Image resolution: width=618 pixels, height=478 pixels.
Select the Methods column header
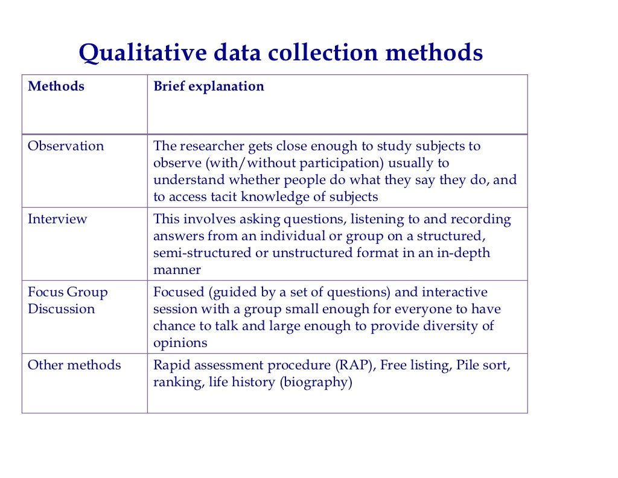[56, 86]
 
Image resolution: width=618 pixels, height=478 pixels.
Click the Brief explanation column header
[209, 86]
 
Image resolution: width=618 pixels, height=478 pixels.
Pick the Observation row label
[66, 146]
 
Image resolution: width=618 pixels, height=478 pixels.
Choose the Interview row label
[57, 219]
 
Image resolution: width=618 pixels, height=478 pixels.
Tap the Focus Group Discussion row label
[68, 301]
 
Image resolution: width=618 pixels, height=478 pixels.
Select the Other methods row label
[74, 365]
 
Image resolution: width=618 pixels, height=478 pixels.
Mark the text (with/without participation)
[291, 163]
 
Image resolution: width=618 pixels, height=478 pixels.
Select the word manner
[177, 270]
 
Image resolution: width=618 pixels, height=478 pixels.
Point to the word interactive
[454, 292]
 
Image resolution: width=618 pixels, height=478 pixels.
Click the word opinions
[180, 343]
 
